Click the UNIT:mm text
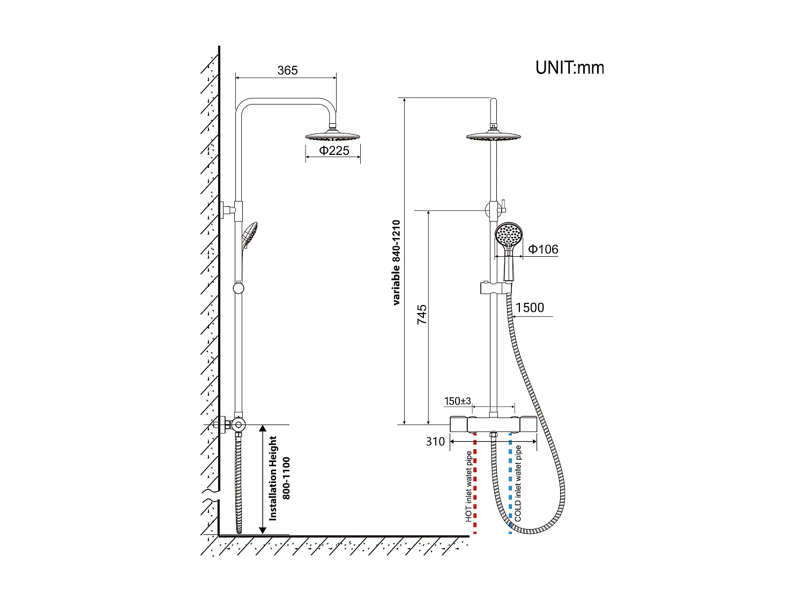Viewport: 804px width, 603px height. point(570,68)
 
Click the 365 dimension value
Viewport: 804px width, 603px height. point(287,70)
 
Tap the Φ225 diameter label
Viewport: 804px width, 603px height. point(334,151)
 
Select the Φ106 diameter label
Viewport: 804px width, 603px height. point(543,249)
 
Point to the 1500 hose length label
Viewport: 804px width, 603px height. point(530,308)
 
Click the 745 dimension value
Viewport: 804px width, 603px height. point(422,314)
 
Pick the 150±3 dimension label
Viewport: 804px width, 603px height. point(457,401)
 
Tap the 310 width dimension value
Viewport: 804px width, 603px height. point(435,442)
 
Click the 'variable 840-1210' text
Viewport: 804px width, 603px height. point(396,263)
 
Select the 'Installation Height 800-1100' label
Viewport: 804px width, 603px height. point(279,478)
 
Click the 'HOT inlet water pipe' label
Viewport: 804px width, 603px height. point(468,486)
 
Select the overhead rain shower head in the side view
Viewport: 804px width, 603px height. point(333,136)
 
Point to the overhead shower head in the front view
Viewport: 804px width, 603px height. point(493,137)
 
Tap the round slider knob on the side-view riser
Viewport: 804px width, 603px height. point(239,288)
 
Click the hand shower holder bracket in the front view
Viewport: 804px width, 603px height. point(494,288)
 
